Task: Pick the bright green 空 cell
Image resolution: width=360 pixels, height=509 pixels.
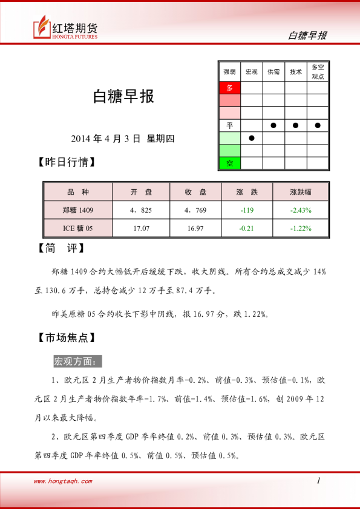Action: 229,163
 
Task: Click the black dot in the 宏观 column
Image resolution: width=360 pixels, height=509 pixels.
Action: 252,138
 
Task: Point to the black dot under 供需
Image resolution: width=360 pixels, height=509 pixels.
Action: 273,125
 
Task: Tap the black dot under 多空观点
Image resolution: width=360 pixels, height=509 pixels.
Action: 318,125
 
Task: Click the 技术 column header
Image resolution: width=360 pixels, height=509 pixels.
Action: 295,71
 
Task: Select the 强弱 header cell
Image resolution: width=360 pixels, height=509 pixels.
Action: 229,71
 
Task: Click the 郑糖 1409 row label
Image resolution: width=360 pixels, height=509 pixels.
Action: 77,210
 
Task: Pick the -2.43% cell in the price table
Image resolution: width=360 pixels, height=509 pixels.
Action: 301,210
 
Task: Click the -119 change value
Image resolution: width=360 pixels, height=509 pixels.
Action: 246,210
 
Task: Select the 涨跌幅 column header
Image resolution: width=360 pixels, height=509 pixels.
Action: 301,192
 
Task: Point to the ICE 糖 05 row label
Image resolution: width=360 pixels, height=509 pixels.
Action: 77,229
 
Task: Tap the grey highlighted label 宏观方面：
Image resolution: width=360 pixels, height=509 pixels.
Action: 77,361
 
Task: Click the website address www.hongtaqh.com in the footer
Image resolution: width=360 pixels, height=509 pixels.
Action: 63,481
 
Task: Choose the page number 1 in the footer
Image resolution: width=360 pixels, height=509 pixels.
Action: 318,481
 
